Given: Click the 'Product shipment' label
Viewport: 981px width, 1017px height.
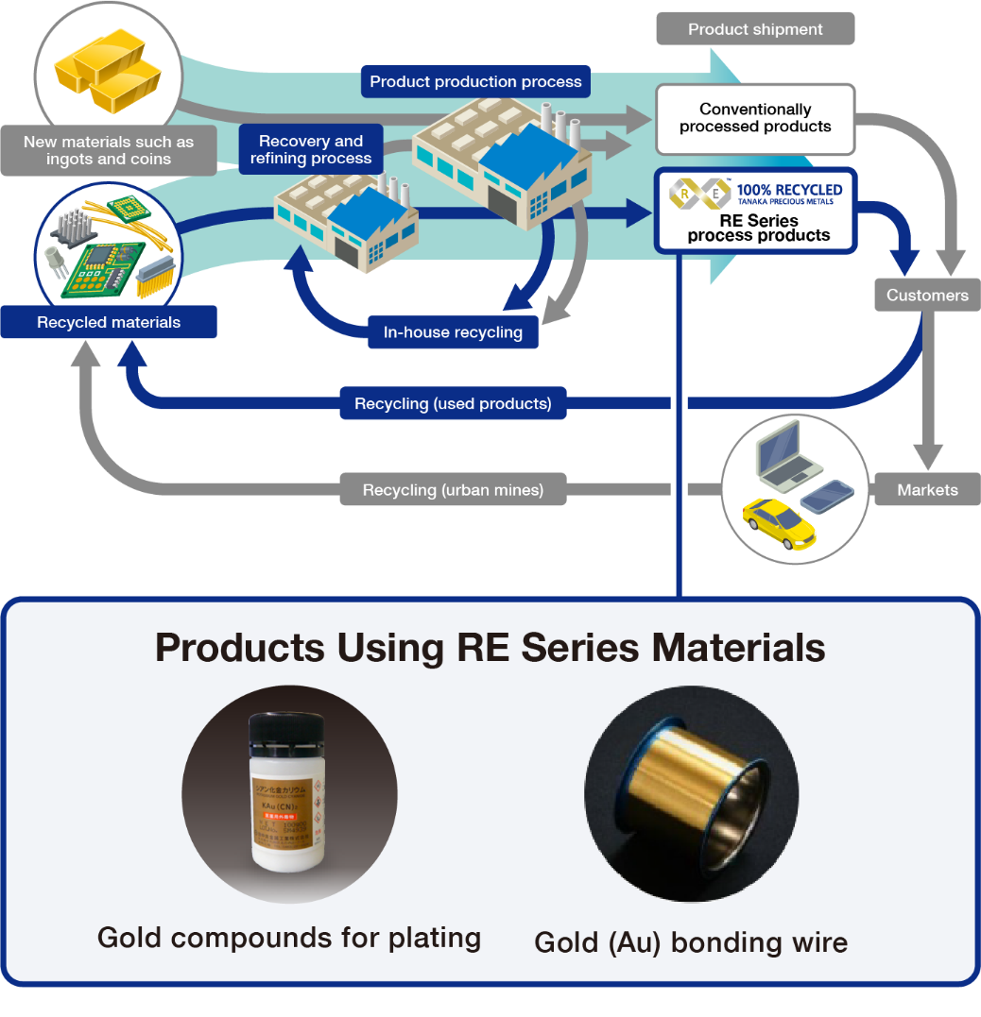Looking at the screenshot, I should point(755,29).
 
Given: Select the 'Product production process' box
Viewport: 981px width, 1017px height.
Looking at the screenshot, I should point(475,81).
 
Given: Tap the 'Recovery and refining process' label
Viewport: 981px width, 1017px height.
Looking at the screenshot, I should point(311,150).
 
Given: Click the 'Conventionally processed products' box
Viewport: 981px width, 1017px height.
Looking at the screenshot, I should point(755,119).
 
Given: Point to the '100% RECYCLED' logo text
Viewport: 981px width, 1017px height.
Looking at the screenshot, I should point(789,190).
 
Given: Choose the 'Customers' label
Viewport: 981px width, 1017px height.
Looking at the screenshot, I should point(927,295).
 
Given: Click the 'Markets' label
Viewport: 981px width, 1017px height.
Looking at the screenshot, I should point(927,490).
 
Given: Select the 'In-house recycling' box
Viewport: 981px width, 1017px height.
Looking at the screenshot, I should point(453,332).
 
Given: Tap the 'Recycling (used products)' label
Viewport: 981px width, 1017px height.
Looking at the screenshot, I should point(453,404).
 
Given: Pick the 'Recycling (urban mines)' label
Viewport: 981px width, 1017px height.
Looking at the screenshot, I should point(453,490).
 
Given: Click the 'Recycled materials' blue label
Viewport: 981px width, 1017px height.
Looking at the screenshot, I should point(109,322).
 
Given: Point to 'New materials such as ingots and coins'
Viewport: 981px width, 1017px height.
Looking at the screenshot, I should point(109,150).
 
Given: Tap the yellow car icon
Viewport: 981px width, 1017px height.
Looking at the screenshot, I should point(778,522).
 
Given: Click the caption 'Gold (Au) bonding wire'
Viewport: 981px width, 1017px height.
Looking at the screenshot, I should point(691,942).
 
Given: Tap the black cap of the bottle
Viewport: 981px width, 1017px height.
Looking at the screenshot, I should point(286,732).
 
